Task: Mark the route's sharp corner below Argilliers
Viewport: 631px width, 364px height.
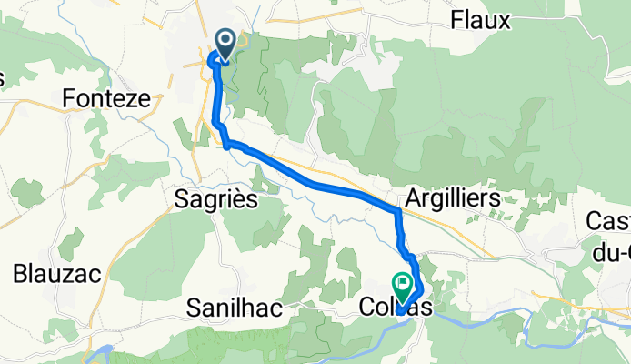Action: coord(398,212)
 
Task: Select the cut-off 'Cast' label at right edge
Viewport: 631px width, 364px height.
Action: coord(608,221)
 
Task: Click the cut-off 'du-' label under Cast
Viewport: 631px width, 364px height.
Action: coord(614,250)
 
